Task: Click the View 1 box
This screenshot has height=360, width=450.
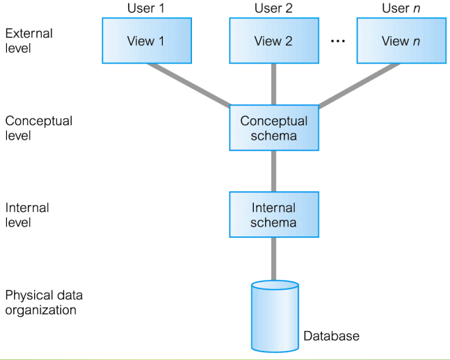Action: point(145,41)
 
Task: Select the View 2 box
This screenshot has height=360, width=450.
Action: point(273,41)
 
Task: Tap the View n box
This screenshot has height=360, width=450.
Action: point(401,41)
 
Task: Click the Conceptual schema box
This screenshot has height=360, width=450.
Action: point(273,128)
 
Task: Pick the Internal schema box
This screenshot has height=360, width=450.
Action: point(273,215)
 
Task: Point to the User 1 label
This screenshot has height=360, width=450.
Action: point(145,8)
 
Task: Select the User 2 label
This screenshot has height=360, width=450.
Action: point(273,8)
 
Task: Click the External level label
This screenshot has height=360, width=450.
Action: point(29,40)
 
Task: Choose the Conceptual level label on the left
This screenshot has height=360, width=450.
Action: point(38,128)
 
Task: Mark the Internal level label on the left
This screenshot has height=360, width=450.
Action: point(28,215)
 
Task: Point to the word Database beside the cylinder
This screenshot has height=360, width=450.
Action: point(331,336)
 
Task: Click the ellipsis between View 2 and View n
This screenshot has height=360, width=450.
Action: point(337,42)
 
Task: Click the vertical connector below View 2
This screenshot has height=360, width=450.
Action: point(273,84)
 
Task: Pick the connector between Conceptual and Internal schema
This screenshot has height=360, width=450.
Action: point(273,171)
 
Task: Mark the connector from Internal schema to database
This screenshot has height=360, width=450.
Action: point(273,259)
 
